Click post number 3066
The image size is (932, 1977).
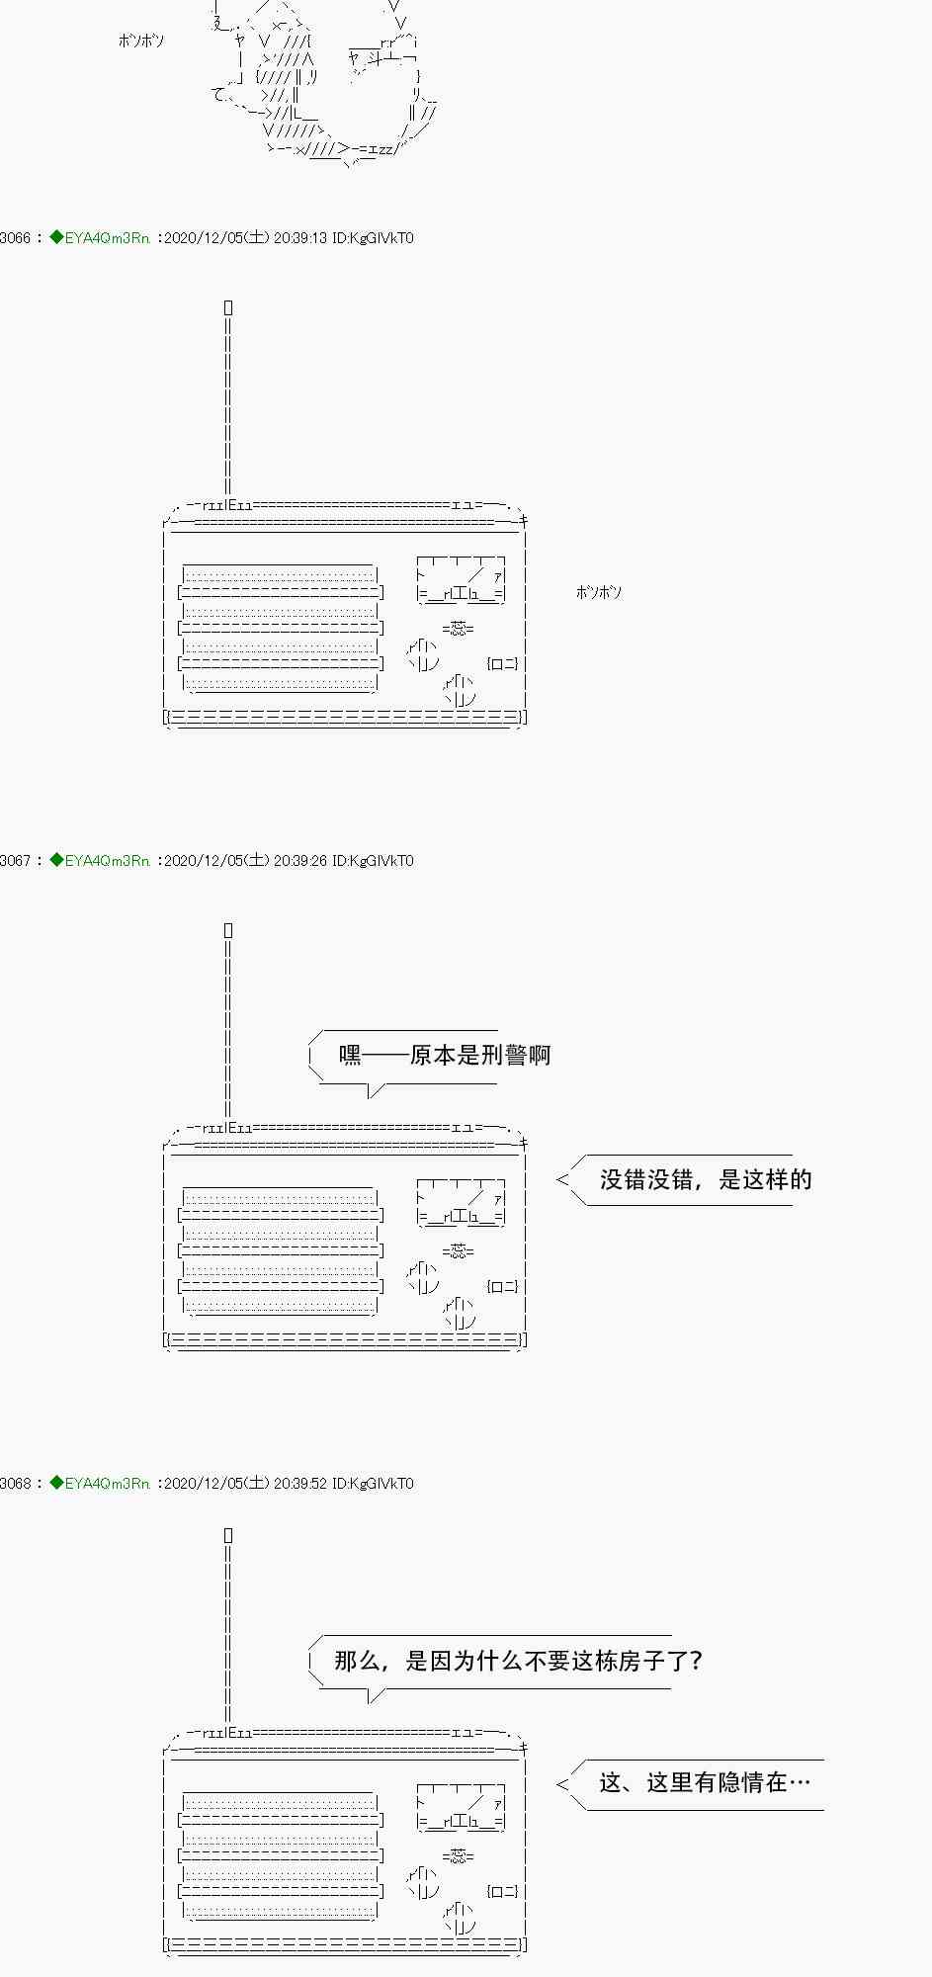point(16,238)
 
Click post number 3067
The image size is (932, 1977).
point(16,861)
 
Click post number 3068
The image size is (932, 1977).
point(16,1484)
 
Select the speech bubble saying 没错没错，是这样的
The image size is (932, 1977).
point(705,1179)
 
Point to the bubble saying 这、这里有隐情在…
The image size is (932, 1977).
point(704,1782)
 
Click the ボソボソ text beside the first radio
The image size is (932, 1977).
point(599,592)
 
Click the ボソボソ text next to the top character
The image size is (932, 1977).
point(141,41)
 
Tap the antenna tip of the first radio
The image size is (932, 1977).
point(228,308)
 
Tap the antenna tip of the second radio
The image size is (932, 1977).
point(228,931)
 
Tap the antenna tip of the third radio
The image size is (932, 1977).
point(228,1535)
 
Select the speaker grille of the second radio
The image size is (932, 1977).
point(281,1249)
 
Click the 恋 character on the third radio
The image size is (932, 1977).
point(458,1856)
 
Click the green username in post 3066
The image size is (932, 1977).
point(106,238)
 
